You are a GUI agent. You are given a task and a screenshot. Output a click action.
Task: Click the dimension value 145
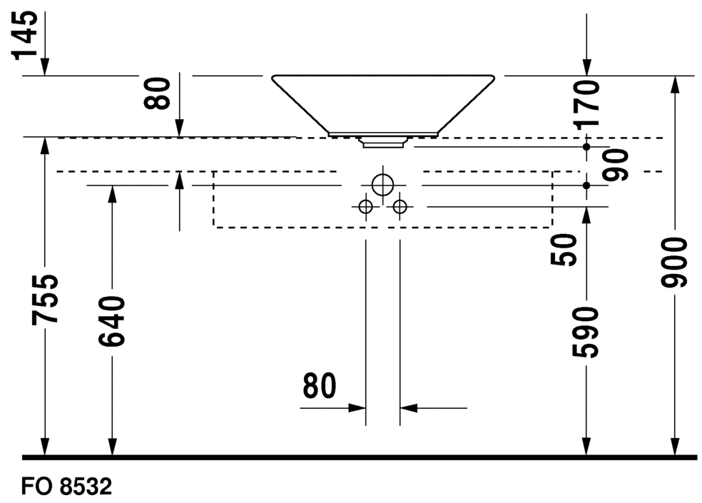[25, 36]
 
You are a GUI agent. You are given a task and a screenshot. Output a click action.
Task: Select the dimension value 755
[44, 299]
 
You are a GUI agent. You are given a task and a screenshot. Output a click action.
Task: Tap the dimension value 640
[111, 321]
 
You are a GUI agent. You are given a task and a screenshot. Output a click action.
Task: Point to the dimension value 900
[673, 263]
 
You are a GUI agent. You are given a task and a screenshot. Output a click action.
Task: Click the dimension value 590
[586, 332]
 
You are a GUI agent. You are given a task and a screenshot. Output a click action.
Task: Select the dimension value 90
[616, 166]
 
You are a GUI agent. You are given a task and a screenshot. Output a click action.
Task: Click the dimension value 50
[564, 250]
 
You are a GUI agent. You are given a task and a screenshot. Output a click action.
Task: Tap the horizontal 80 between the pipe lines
[319, 386]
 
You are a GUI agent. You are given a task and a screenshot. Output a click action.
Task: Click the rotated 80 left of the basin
[157, 93]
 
